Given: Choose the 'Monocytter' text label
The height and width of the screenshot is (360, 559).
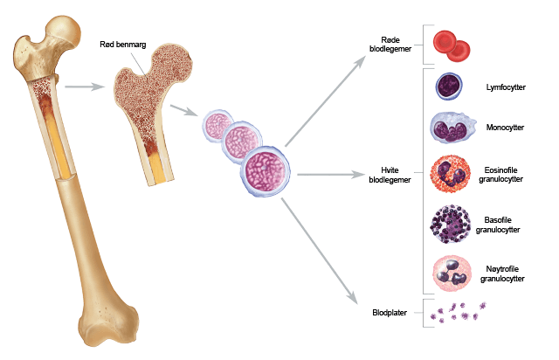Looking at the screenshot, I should tap(506, 128).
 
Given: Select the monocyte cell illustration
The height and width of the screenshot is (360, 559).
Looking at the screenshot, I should tap(452, 129).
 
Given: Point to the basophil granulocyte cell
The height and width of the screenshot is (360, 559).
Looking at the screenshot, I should tap(452, 225).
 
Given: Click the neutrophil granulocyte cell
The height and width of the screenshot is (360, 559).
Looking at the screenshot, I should tap(452, 273).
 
